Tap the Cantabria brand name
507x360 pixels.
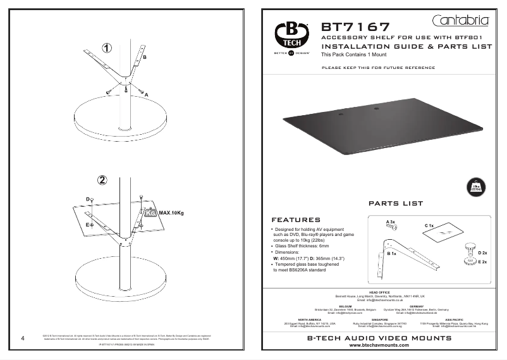(x=461, y=21)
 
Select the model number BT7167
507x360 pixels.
(x=356, y=27)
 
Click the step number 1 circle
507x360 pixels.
(x=108, y=48)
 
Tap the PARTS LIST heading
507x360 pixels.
(x=395, y=204)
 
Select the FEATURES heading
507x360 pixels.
(x=296, y=220)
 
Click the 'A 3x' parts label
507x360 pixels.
(x=390, y=221)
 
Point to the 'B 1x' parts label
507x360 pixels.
(x=391, y=253)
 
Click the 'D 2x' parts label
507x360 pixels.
(x=482, y=252)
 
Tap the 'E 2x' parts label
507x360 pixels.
(x=482, y=261)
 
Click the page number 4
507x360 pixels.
(x=23, y=337)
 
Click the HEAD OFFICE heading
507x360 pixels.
(x=379, y=292)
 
